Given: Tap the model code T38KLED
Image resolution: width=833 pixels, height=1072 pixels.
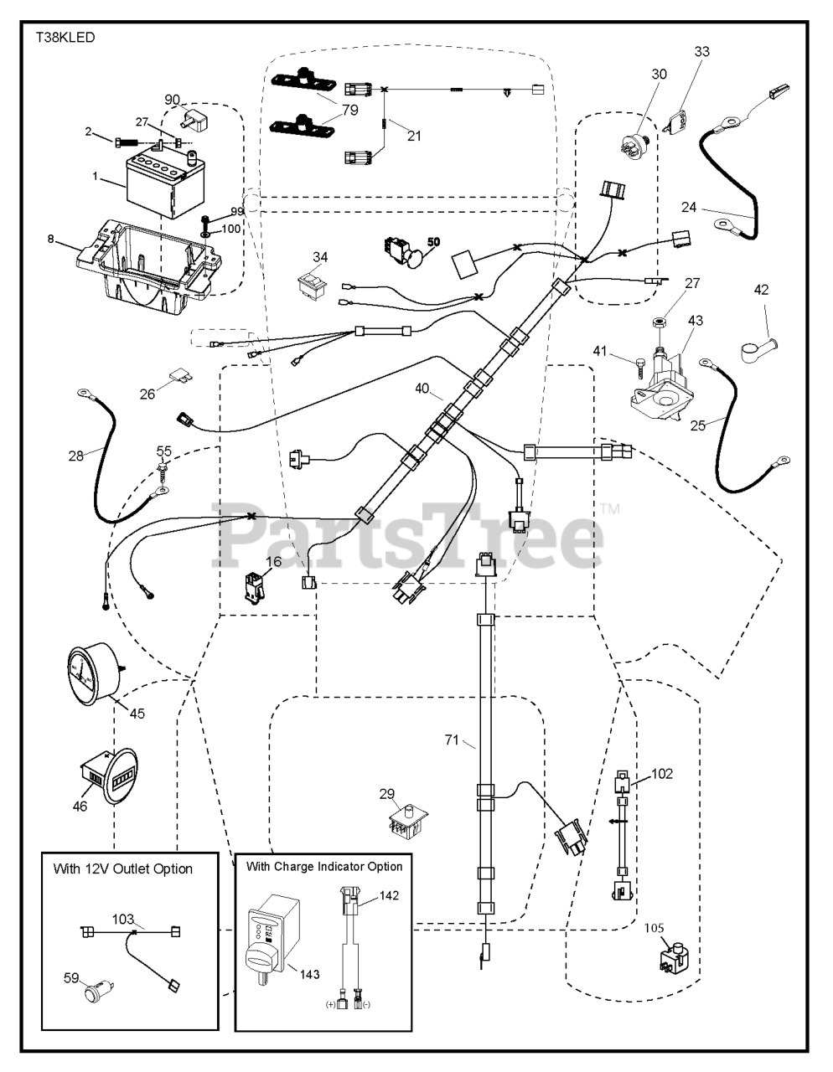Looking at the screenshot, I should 65,38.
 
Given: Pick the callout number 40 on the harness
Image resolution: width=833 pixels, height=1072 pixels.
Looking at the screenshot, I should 423,388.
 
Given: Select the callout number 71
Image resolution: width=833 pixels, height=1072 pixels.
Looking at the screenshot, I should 453,740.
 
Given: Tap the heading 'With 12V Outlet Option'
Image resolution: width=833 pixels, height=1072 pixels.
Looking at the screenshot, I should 122,868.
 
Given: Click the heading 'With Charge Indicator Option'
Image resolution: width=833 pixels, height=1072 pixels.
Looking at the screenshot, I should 324,866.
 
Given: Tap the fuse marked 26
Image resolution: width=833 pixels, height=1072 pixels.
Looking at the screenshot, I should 179,379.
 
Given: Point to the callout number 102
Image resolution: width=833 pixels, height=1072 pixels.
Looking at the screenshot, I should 661,775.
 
